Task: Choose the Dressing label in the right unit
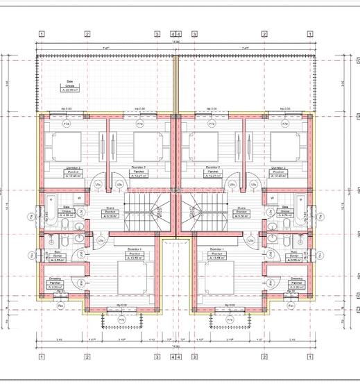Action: click(x=297, y=281)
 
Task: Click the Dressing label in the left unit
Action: click(x=55, y=281)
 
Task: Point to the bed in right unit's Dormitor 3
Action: click(x=288, y=145)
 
